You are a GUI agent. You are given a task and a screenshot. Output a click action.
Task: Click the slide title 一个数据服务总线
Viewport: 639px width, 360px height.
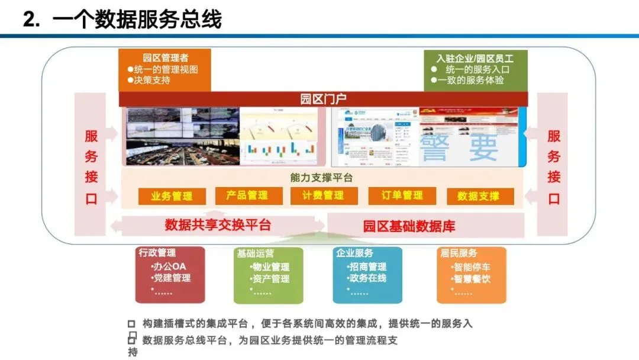click(137, 19)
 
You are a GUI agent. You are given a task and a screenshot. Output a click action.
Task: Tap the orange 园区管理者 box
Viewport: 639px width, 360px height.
click(164, 70)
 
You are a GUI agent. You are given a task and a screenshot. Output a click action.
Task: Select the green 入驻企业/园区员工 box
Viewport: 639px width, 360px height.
click(475, 70)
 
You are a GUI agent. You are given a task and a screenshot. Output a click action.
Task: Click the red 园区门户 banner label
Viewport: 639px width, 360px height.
click(323, 99)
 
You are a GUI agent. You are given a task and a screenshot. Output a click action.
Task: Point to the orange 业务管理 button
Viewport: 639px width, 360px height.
click(172, 197)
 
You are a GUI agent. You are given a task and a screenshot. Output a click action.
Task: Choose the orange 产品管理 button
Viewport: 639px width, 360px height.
click(247, 195)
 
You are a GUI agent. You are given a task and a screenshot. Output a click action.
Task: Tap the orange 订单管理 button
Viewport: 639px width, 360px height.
click(402, 195)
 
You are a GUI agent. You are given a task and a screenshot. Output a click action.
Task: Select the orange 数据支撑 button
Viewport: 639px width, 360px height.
click(479, 197)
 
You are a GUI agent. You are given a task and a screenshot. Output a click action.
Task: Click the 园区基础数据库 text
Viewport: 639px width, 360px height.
click(409, 226)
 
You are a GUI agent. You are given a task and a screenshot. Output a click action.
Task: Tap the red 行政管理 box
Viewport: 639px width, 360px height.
click(170, 275)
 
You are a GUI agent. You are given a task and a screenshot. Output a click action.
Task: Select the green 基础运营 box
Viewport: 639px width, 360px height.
click(268, 275)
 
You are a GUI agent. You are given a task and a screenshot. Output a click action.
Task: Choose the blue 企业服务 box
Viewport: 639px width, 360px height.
click(367, 275)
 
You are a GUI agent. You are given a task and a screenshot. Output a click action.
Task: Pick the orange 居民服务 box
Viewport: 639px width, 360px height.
click(472, 275)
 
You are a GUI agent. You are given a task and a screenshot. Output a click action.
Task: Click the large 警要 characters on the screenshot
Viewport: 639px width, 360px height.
click(459, 147)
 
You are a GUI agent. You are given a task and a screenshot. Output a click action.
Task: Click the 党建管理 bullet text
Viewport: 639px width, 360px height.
click(172, 278)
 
